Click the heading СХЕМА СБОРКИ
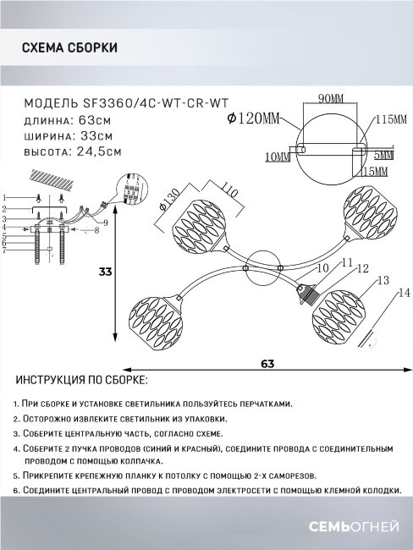[x=68, y=48]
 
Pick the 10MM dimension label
[x=275, y=157]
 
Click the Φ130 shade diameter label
[x=165, y=204]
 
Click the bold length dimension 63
[x=267, y=364]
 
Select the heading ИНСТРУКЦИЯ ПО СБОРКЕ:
[x=81, y=381]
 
